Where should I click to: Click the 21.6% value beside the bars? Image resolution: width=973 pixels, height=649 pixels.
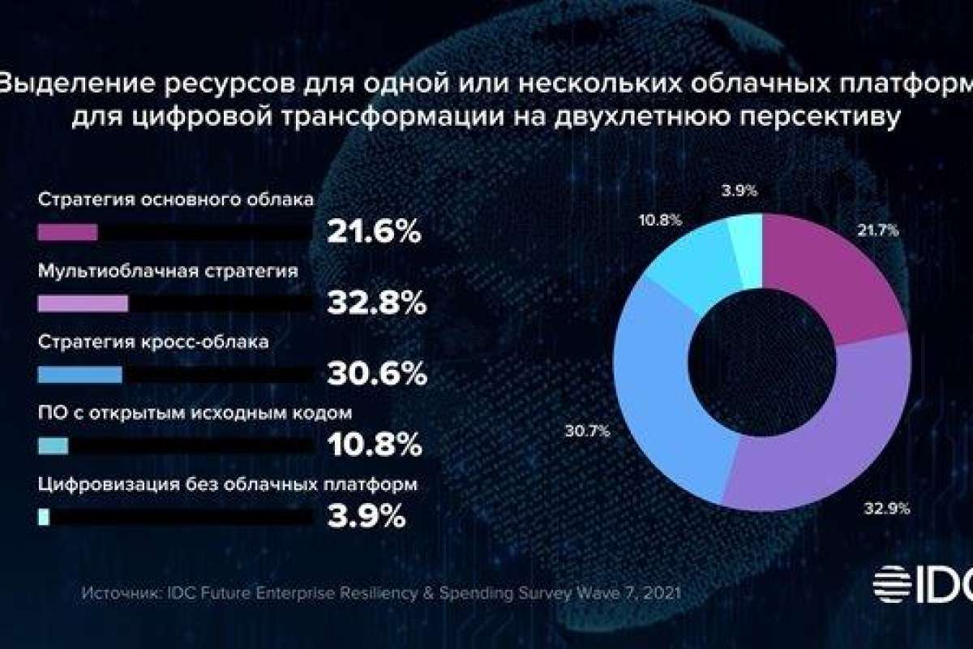click(374, 234)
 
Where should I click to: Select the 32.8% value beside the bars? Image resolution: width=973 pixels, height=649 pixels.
click(376, 304)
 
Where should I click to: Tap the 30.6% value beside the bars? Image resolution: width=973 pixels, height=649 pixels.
click(376, 374)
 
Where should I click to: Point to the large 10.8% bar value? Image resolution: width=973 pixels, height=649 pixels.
click(374, 445)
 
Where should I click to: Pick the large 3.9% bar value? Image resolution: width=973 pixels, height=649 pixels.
click(366, 516)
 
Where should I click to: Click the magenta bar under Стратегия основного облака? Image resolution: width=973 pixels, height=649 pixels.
click(68, 233)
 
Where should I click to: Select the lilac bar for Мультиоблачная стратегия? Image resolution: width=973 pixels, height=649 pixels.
click(83, 303)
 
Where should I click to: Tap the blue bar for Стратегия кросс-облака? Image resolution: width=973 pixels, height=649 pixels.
click(79, 374)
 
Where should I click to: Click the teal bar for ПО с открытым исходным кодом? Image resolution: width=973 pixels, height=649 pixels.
click(54, 445)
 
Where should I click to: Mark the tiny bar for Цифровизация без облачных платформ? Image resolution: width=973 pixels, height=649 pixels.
click(44, 516)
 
